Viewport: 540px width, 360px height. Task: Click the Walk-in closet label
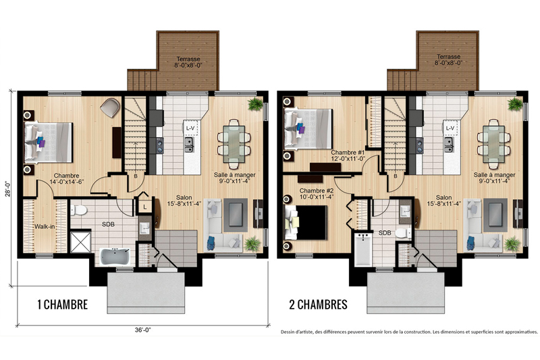(45, 227)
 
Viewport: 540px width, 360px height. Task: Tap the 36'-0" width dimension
(143, 330)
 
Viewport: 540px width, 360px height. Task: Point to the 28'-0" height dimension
(8, 188)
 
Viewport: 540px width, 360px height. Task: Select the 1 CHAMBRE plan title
(63, 305)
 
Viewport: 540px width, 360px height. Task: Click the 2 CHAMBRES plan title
(318, 305)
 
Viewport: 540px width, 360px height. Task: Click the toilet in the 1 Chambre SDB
(79, 210)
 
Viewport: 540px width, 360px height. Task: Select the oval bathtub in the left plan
(115, 257)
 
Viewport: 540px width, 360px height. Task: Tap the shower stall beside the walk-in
(81, 242)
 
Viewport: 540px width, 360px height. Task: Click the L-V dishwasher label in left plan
(190, 128)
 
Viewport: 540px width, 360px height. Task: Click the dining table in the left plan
(234, 144)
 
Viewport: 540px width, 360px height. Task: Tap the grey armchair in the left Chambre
(110, 107)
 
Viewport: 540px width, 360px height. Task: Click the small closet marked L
(145, 207)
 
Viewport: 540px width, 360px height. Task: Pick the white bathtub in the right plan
(363, 249)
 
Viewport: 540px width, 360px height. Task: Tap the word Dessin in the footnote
(288, 332)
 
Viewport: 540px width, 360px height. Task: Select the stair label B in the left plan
(136, 176)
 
